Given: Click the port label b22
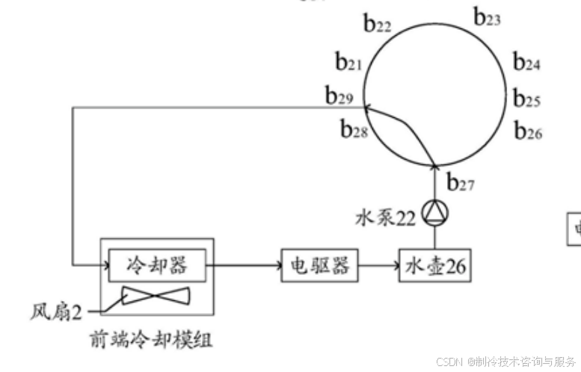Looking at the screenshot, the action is (x=378, y=25).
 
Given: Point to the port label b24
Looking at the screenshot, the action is (x=526, y=63).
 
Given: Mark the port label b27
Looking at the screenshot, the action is (x=460, y=182).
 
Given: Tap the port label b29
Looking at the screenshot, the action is (x=339, y=96).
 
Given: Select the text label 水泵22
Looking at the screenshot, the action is (x=384, y=218).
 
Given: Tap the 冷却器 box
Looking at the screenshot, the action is (x=157, y=264).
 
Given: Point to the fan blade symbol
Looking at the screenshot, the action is (x=156, y=295).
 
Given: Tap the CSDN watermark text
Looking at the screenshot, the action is (x=505, y=361).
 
